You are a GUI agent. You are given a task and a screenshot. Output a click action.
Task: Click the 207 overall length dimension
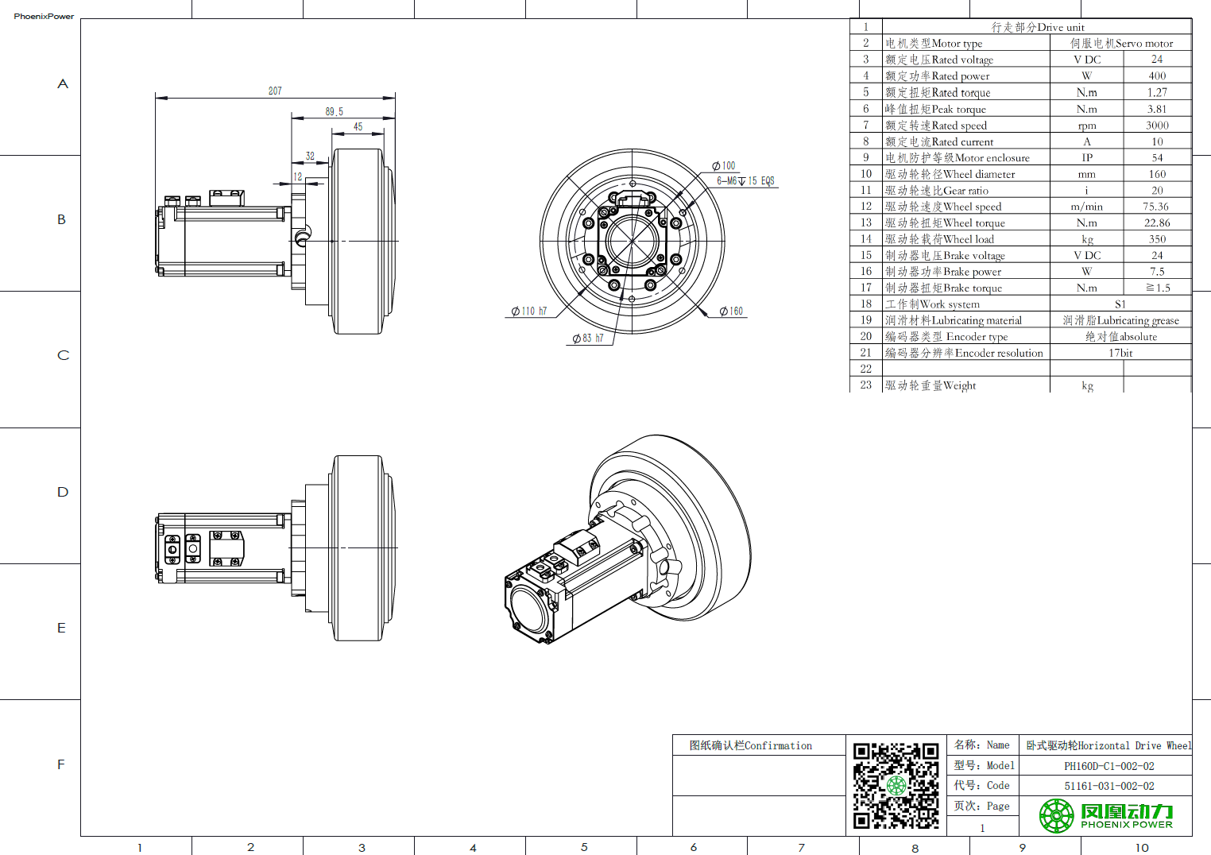tap(275, 91)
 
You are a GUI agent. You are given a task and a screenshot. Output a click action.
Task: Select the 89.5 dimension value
tap(335, 112)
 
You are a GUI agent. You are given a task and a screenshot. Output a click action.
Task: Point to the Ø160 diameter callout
tap(731, 311)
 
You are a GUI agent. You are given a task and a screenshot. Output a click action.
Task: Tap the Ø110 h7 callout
tap(529, 311)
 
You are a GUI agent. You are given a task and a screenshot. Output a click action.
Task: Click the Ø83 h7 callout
tap(588, 339)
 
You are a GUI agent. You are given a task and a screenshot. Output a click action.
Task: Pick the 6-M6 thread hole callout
tap(745, 181)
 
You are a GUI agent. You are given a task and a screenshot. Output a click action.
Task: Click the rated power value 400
tap(1157, 76)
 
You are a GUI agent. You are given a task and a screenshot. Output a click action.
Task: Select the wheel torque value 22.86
tap(1157, 223)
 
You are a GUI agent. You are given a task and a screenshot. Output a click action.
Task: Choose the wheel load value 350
tap(1157, 239)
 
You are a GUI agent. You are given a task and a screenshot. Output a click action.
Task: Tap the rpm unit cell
tap(1087, 126)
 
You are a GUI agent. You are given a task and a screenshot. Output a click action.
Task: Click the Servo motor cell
tap(1121, 44)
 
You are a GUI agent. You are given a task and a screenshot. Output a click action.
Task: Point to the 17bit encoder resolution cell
tap(1120, 353)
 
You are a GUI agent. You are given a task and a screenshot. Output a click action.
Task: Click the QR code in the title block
tap(896, 786)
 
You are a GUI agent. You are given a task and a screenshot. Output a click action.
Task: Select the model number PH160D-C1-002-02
tap(1109, 766)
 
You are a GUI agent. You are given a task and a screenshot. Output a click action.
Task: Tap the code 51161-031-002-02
tap(1109, 786)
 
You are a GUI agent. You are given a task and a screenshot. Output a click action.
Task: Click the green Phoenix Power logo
tap(1105, 815)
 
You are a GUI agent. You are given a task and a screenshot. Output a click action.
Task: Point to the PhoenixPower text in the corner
tap(44, 16)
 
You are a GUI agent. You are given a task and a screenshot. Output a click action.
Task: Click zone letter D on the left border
tap(63, 492)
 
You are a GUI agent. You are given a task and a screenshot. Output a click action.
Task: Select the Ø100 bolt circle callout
tap(724, 166)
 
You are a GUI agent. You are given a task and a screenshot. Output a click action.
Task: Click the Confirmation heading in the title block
tap(751, 745)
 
